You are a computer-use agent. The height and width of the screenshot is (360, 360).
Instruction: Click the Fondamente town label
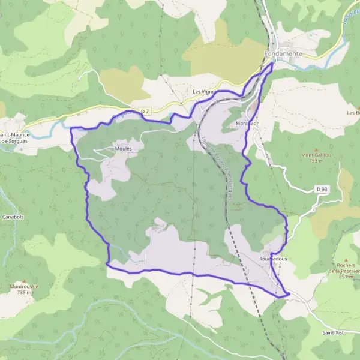click(283, 54)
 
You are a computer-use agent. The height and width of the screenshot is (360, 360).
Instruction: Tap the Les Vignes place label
click(203, 92)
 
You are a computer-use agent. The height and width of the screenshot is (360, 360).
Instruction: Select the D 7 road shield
click(145, 112)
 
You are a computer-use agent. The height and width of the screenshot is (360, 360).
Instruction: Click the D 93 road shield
click(322, 190)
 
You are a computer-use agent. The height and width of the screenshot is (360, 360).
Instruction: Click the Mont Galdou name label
click(317, 154)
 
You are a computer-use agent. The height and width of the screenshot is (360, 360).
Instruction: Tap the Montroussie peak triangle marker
click(24, 280)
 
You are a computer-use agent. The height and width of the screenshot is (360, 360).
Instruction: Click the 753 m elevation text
click(317, 161)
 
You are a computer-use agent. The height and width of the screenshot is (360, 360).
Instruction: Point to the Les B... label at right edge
click(353, 112)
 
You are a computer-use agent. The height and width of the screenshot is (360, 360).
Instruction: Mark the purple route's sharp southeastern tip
click(289, 294)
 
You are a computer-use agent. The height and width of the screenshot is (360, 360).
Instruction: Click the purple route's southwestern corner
click(107, 263)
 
